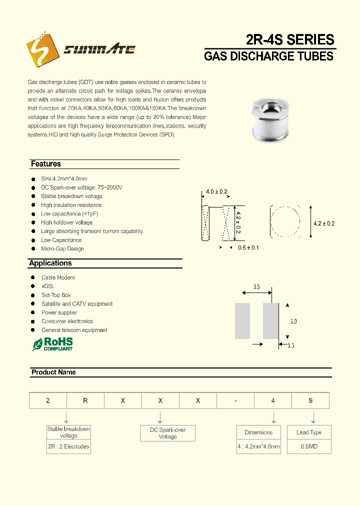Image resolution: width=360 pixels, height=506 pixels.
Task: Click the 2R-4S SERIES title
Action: [289, 39]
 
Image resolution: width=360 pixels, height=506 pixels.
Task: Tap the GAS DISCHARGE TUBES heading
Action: [268, 56]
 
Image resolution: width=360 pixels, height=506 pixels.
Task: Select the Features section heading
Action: [46, 164]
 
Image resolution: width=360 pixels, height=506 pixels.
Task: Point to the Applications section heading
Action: [50, 263]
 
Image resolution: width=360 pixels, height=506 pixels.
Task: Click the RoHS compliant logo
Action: [53, 344]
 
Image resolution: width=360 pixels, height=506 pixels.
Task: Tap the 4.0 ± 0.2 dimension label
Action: [216, 192]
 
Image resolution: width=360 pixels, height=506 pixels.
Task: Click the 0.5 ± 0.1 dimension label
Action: [248, 248]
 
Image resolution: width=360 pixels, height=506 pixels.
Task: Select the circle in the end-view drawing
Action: [285, 220]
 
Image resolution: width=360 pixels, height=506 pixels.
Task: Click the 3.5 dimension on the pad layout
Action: [256, 287]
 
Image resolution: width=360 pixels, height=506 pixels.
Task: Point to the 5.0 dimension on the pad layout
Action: [293, 321]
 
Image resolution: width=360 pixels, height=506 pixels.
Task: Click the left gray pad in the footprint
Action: [242, 321]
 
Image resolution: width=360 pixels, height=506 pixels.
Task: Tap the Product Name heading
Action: [53, 372]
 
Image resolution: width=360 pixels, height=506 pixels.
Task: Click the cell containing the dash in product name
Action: [235, 401]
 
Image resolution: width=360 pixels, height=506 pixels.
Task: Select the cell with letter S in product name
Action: [310, 401]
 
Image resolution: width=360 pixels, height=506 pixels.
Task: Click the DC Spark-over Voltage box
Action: [167, 433]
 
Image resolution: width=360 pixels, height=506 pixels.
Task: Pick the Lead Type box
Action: [309, 432]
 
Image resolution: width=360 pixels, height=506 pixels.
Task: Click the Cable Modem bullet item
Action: [58, 277]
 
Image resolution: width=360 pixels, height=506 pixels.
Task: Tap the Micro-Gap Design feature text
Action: [62, 249]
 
